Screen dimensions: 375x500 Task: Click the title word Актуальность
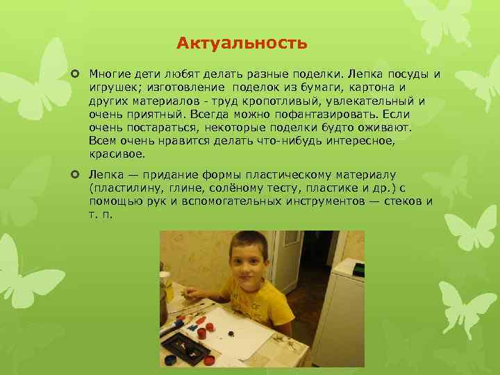[241, 44]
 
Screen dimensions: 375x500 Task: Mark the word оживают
[386, 127]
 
